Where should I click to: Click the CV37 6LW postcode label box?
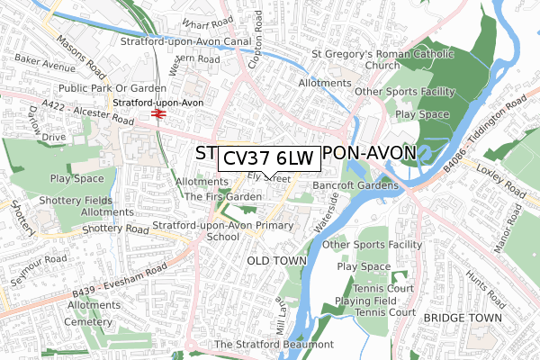267,157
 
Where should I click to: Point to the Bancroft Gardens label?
355,185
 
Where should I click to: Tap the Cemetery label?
67,319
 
